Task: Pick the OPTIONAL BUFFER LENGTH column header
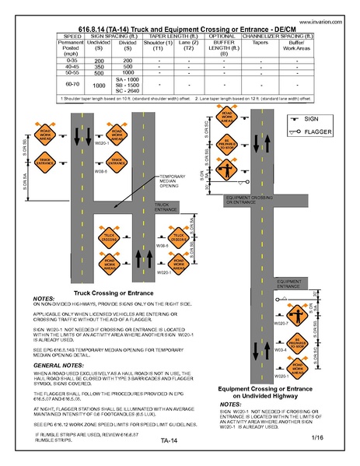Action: [223, 45]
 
